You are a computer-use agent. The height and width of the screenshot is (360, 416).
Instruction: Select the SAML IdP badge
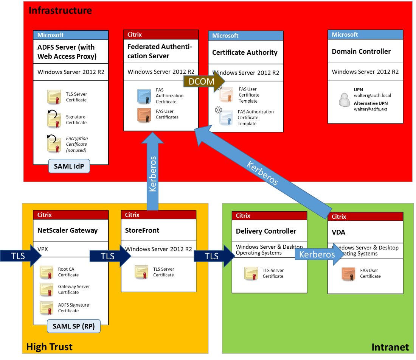[x=69, y=166]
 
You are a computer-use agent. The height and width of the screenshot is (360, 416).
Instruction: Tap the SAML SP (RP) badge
[x=73, y=326]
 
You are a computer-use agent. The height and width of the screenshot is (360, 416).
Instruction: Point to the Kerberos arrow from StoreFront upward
[x=152, y=170]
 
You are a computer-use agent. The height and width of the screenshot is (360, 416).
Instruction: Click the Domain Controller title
[x=361, y=51]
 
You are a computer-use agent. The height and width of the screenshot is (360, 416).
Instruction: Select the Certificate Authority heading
[x=245, y=53]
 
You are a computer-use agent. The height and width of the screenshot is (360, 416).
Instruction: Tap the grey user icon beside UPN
[x=345, y=100]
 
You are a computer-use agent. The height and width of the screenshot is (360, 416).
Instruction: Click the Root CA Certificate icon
[x=47, y=272]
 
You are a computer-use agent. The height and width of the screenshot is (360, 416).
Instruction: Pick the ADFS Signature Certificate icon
[x=47, y=307]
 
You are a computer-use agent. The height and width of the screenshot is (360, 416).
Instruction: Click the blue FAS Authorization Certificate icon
[x=144, y=97]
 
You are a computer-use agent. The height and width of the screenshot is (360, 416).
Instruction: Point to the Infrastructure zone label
[x=60, y=10]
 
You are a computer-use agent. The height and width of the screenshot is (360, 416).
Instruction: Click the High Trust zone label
[x=49, y=346]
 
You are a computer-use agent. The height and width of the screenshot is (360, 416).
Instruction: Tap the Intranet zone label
[x=390, y=347]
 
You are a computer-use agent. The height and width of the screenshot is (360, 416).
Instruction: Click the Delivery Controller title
[x=266, y=231]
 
